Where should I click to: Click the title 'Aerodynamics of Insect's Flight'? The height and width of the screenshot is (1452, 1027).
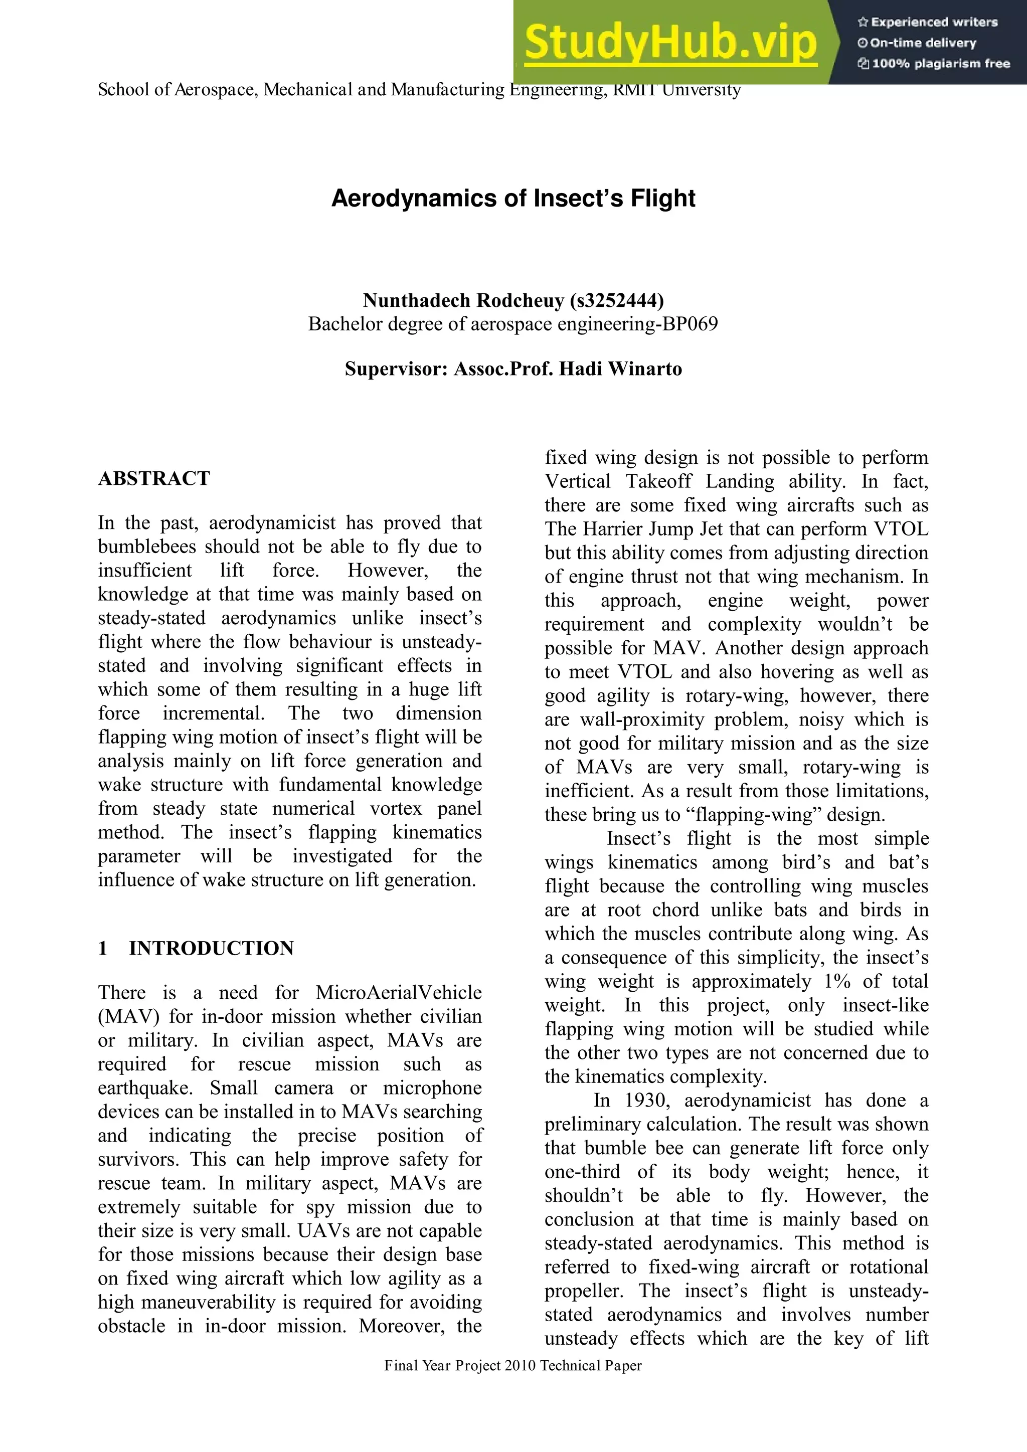(x=513, y=198)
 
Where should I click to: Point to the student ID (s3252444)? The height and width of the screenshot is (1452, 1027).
(x=617, y=300)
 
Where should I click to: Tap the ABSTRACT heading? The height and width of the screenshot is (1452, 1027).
(x=153, y=478)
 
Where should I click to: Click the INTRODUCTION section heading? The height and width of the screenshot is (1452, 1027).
(x=211, y=948)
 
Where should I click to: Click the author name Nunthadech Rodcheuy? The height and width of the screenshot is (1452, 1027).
(x=463, y=300)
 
